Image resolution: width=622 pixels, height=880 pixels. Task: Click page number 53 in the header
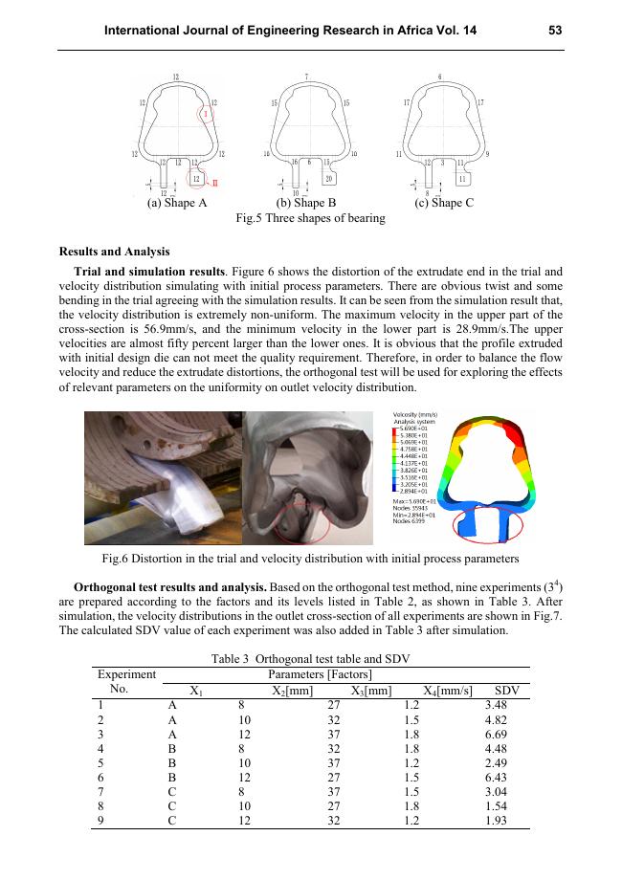pos(554,31)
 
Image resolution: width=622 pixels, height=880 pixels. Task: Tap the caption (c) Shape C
pos(444,203)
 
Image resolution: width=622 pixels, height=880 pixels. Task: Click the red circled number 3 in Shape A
pos(206,114)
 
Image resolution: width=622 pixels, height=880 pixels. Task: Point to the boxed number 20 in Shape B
pos(328,178)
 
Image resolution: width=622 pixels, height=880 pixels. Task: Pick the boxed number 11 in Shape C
pos(463,178)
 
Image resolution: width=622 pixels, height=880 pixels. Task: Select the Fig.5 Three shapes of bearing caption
pos(310,218)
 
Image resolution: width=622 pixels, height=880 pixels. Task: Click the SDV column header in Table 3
pos(506,691)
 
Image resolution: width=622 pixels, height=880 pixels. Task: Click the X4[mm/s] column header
pos(448,691)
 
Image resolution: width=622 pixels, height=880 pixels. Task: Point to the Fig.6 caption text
pos(310,558)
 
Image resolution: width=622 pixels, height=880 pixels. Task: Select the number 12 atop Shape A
pos(176,77)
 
